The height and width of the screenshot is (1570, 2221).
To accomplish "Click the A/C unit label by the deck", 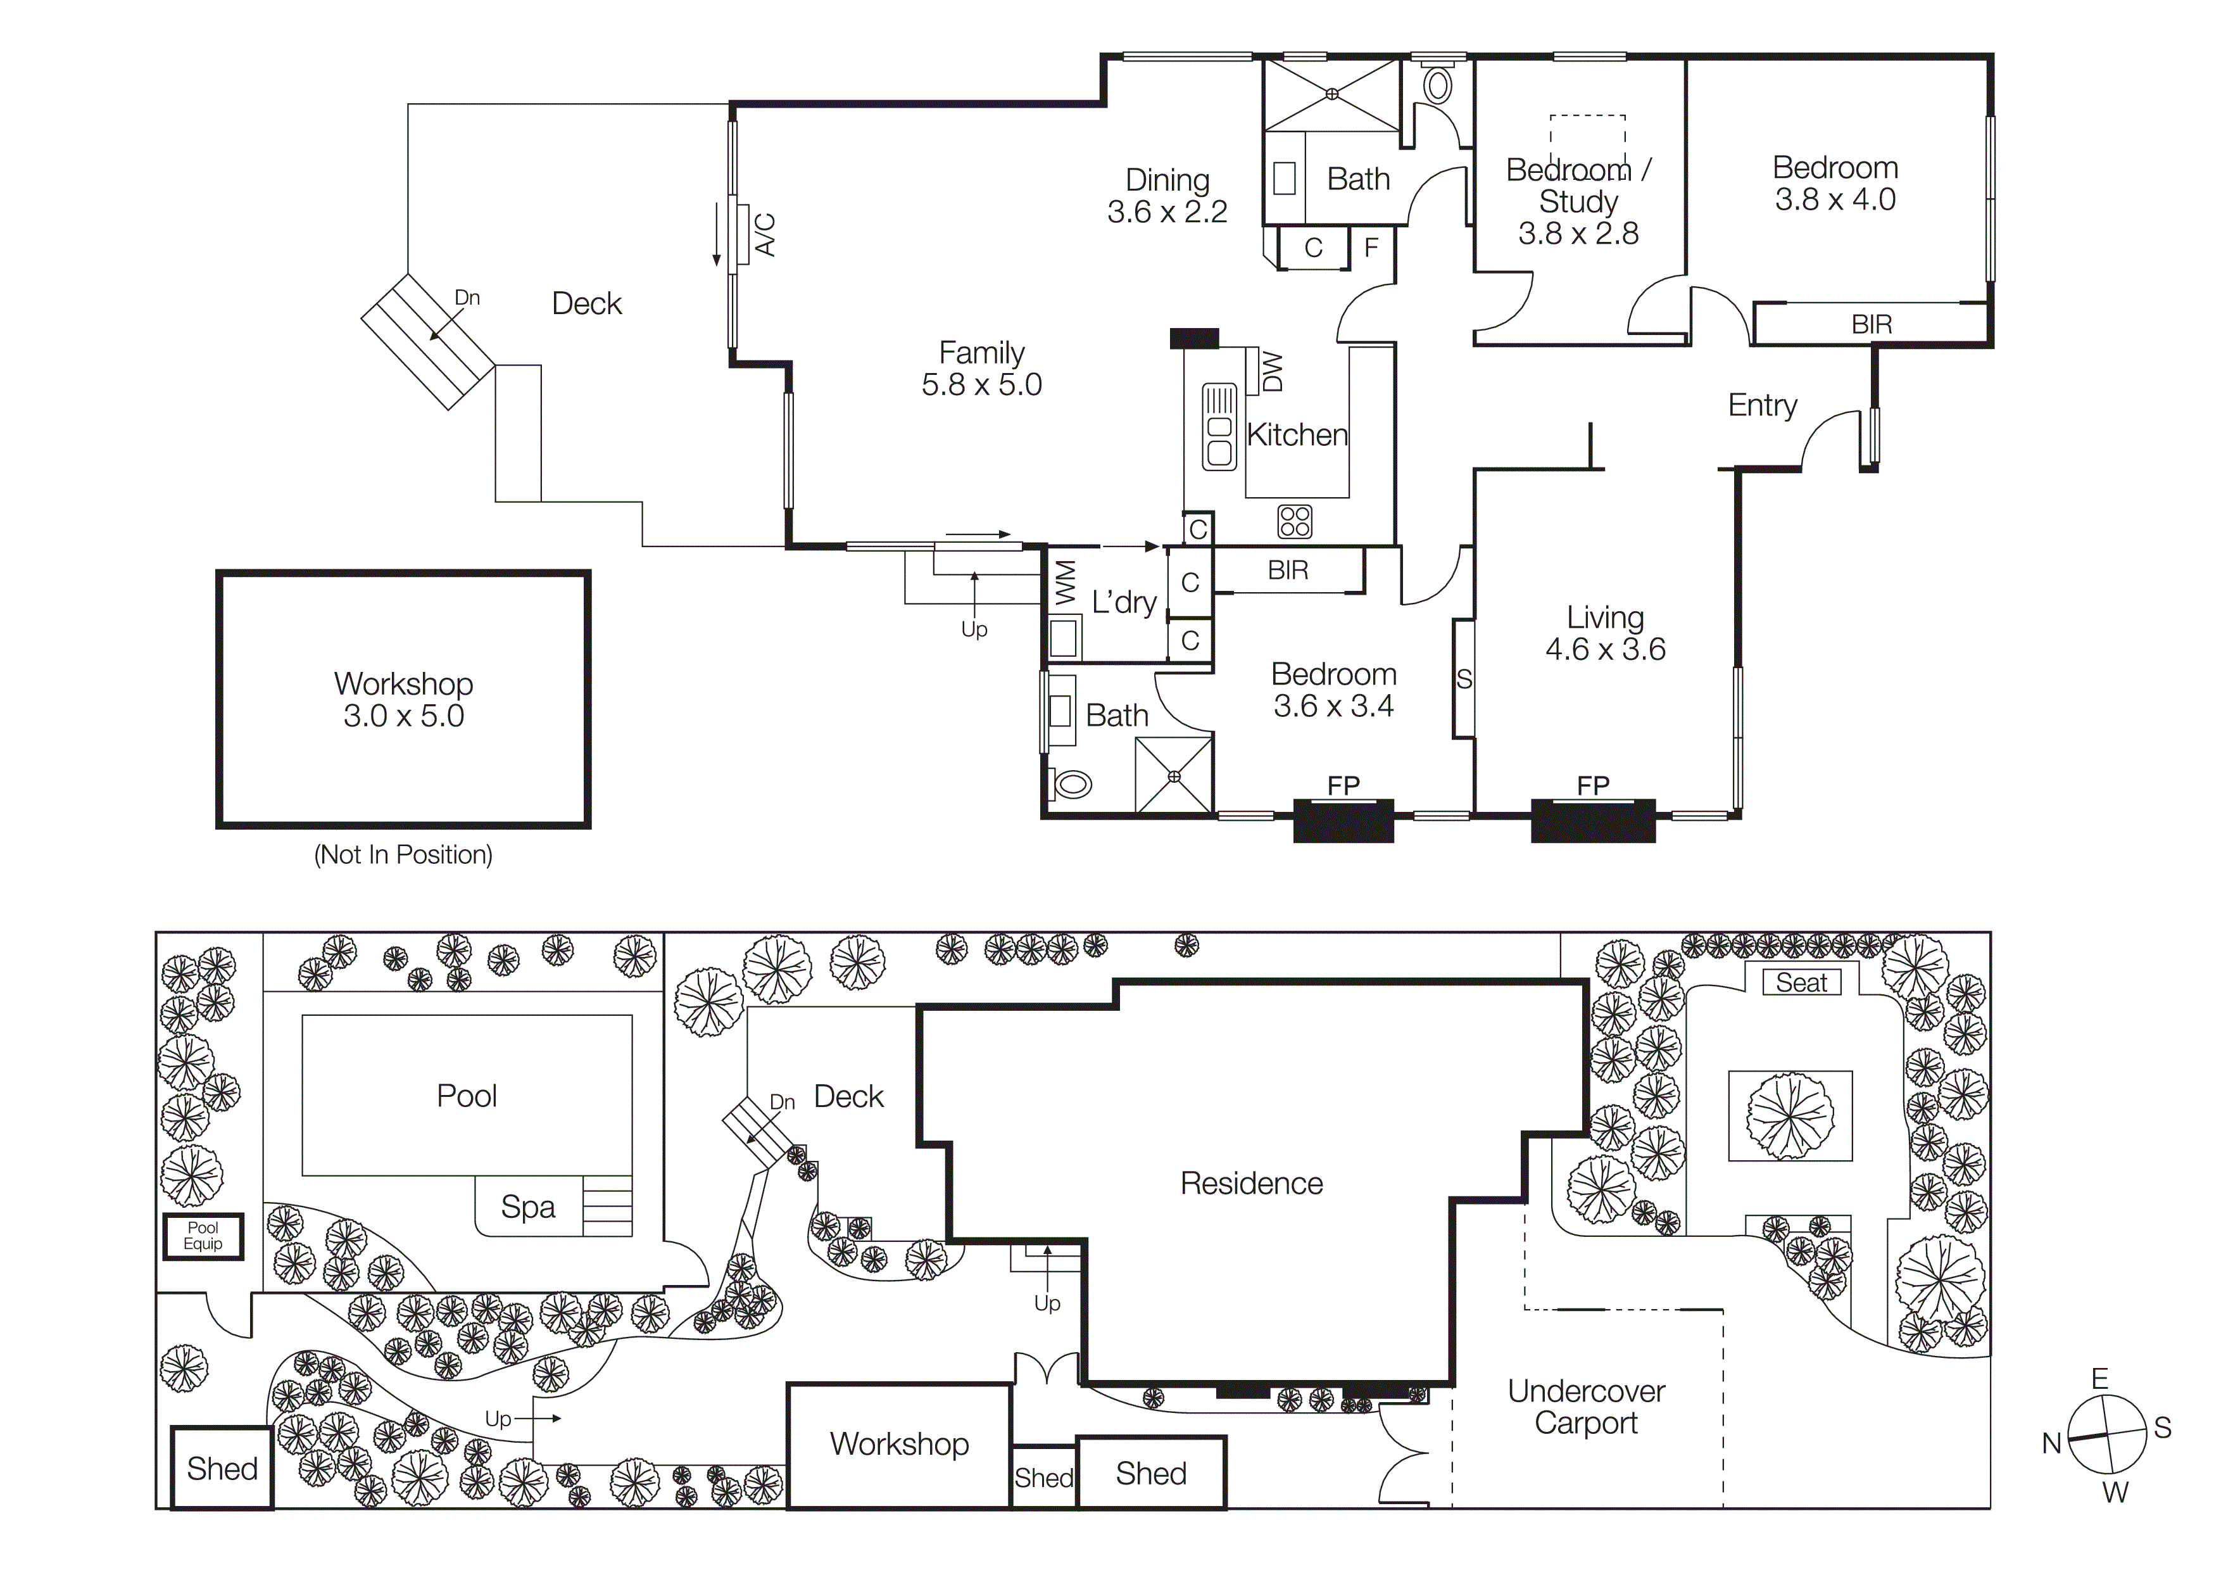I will tap(764, 235).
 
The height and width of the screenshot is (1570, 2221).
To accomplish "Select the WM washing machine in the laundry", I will tap(1065, 583).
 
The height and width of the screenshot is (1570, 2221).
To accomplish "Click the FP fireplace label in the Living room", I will tap(1592, 785).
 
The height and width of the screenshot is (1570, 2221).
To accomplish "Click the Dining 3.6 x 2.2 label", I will tap(1167, 196).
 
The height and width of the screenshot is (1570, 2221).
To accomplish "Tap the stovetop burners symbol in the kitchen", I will tap(1294, 521).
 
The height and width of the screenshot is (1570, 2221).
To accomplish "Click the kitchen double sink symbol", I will tap(1219, 427).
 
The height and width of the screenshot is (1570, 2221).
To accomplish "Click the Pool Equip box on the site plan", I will tap(202, 1236).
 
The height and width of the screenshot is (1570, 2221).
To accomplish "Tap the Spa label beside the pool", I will tap(527, 1206).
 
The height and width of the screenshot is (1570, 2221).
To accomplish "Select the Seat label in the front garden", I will tap(1801, 983).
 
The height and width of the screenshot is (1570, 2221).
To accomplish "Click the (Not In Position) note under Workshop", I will tap(403, 854).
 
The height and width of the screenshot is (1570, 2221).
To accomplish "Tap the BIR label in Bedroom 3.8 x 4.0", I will tap(1871, 324).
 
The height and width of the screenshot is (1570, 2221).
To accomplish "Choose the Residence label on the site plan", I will tap(1251, 1183).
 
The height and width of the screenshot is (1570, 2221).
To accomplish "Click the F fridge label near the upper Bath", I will tap(1371, 248).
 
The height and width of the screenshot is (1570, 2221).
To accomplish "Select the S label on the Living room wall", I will tap(1464, 679).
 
